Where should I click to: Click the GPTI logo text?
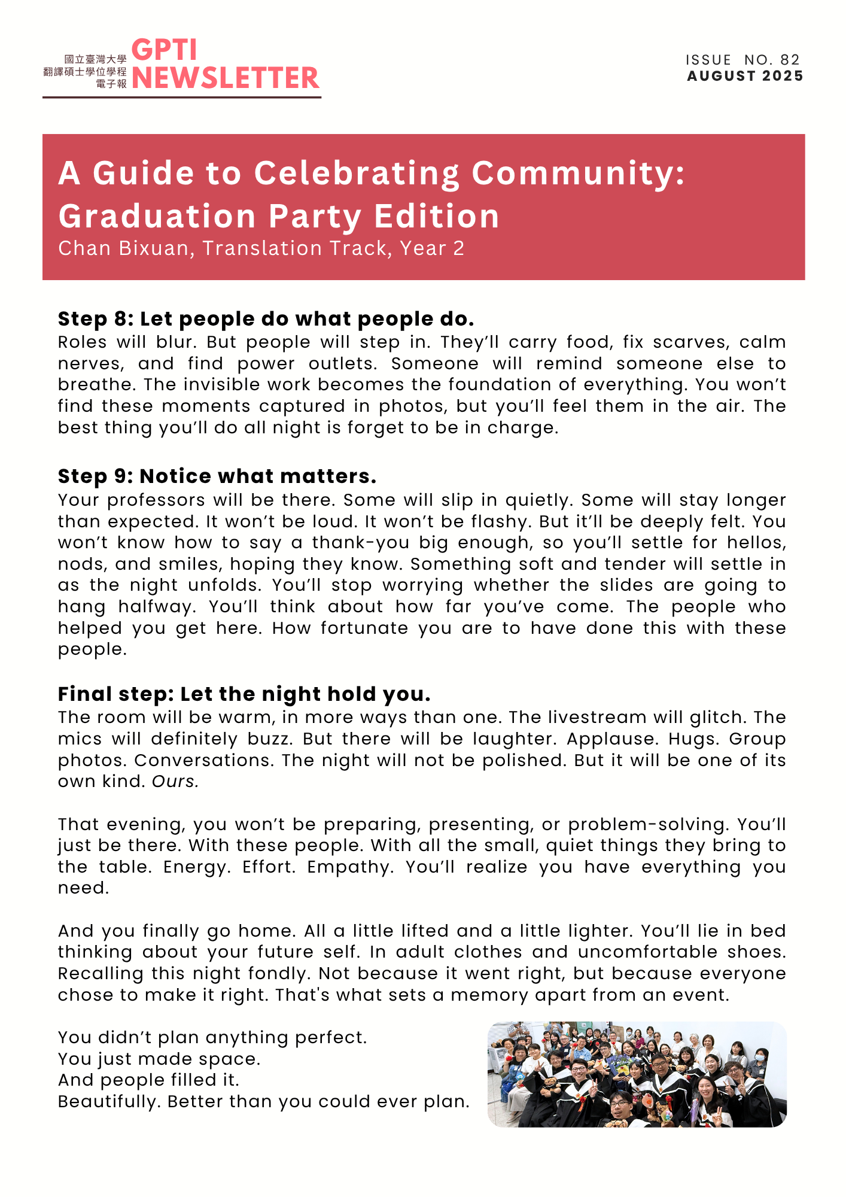pyautogui.click(x=164, y=50)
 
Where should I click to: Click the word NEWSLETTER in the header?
pyautogui.click(x=226, y=78)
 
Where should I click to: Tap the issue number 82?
pyautogui.click(x=790, y=60)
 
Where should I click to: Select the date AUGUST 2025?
pyautogui.click(x=745, y=76)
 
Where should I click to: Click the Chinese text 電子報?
pyautogui.click(x=111, y=84)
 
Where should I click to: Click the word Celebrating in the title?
pyautogui.click(x=357, y=173)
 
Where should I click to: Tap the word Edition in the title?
pyautogui.click(x=437, y=216)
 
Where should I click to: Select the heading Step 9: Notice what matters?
pyautogui.click(x=217, y=476)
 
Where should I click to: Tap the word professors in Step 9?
pyautogui.click(x=156, y=500)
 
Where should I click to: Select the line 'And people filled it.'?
pyautogui.click(x=148, y=1080)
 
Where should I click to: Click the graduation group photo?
pyautogui.click(x=637, y=1074)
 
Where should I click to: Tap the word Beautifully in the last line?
pyautogui.click(x=109, y=1102)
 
